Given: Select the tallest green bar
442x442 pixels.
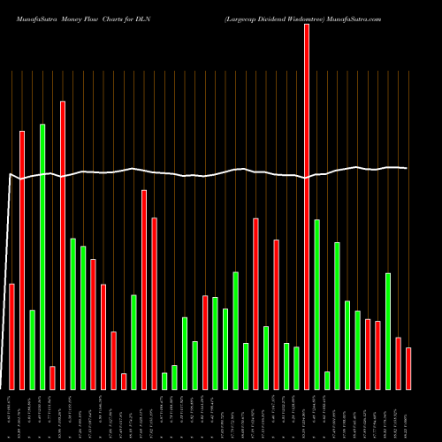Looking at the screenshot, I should (x=42, y=256).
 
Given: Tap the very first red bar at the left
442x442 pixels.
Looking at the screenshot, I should (x=11, y=336).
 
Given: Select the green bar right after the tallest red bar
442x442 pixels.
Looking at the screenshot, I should (x=316, y=304).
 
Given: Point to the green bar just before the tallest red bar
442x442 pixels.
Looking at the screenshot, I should (x=296, y=368).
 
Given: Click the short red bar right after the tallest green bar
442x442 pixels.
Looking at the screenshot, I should (x=52, y=377).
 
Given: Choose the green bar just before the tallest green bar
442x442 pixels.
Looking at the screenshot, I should (x=32, y=349).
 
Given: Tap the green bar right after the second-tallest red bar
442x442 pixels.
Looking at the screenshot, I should (x=72, y=314).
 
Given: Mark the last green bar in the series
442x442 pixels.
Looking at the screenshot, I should (x=388, y=331).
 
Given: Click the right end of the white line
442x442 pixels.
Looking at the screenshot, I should (x=407, y=168).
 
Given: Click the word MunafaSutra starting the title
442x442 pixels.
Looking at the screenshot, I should (x=29, y=18).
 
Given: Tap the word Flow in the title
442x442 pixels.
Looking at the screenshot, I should (x=94, y=18).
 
